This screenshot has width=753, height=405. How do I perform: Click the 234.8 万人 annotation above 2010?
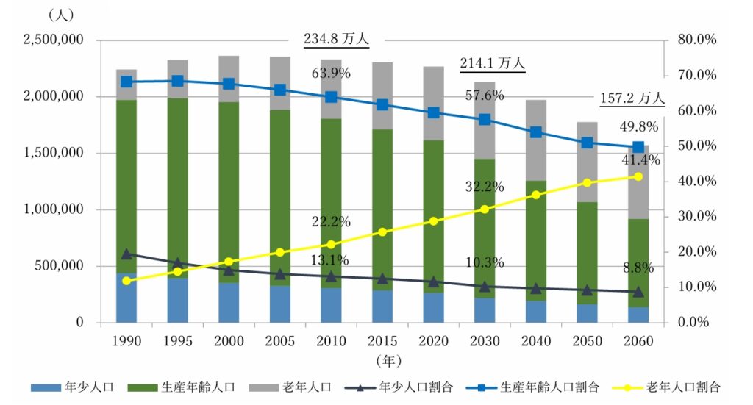pos(336,39)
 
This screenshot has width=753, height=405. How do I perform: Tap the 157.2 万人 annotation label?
pos(630,97)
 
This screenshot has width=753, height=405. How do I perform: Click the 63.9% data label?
pos(331,74)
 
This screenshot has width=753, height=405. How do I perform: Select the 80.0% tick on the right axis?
pos(696,40)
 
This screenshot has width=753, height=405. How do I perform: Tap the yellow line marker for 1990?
pos(126,281)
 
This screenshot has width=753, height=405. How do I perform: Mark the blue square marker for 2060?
pos(638,147)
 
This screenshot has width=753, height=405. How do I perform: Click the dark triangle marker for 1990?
pos(126,254)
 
